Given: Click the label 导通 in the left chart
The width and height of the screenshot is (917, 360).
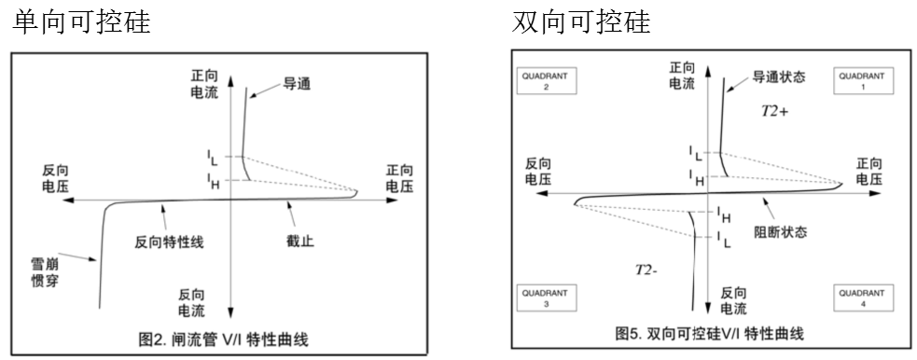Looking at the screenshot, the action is pos(297,84).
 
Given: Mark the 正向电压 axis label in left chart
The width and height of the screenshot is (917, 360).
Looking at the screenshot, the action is pos(407,178).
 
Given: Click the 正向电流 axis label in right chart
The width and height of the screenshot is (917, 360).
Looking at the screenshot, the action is pos(683,76).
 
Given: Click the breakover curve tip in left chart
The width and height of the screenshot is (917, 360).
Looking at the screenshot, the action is pos(357,193).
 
